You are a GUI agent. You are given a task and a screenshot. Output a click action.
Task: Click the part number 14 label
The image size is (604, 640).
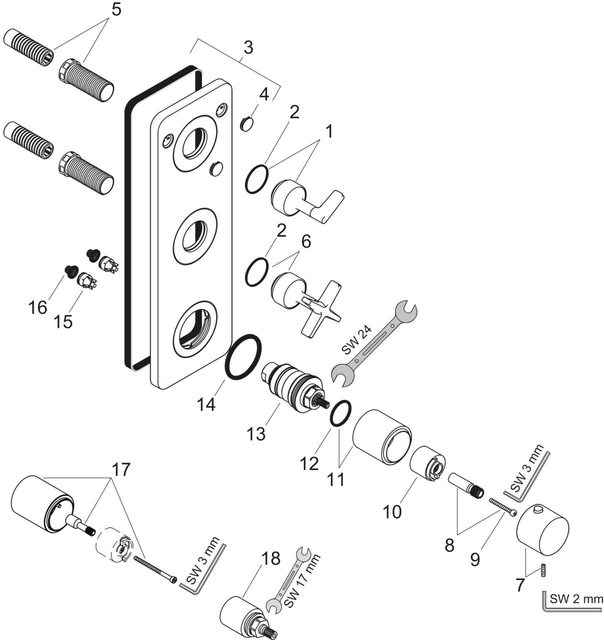[x=205, y=403]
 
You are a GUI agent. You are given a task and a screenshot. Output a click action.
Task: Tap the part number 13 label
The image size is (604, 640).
[x=255, y=433]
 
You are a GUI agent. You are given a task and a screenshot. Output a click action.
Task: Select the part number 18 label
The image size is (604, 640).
[x=270, y=558]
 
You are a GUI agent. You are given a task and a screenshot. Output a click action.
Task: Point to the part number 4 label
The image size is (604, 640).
[x=263, y=94]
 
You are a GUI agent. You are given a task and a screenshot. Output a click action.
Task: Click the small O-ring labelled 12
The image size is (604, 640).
[x=340, y=413]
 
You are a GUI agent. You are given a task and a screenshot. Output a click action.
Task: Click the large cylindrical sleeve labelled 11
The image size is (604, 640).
[x=381, y=436]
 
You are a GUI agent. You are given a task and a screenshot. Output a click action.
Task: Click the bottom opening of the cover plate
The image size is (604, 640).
[x=195, y=328]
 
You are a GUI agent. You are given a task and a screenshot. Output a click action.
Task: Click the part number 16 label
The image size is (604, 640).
[x=38, y=307]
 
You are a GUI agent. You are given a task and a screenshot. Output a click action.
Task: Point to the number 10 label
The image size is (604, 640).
[x=392, y=511]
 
